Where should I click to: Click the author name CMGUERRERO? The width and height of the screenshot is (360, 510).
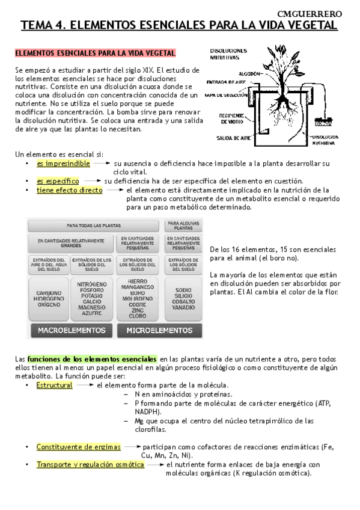[x=319, y=13]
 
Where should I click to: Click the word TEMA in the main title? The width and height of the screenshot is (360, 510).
[x=37, y=25]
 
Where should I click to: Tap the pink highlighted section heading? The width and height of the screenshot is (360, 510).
[x=95, y=54]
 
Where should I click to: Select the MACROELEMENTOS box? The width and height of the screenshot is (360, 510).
[x=72, y=330]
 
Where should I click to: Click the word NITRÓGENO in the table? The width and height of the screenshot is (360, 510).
[x=92, y=284]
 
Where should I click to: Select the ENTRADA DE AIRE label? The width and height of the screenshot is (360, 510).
[x=225, y=82]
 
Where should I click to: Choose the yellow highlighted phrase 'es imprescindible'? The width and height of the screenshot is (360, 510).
[x=63, y=163]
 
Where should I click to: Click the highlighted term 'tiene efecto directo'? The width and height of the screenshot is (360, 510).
[x=69, y=190]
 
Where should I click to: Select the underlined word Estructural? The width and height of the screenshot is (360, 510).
[x=54, y=385]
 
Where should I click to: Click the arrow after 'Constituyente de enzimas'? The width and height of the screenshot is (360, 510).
[x=132, y=447]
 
